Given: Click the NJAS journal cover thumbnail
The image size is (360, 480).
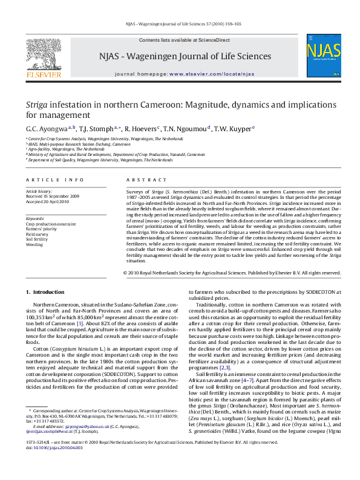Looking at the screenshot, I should [x=323, y=58].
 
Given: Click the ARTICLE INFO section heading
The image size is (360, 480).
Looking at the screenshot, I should [x=56, y=181].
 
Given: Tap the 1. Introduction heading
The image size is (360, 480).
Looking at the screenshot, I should [x=51, y=293].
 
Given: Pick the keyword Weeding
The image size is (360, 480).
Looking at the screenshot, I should [x=34, y=245].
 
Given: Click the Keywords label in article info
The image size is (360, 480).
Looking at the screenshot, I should [x=36, y=218].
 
